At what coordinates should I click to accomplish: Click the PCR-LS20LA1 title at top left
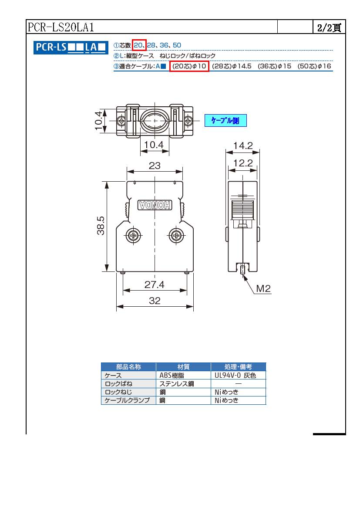pyautogui.click(x=61, y=27)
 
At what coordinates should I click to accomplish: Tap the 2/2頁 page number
pyautogui.click(x=329, y=27)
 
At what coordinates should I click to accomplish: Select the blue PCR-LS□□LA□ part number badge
pyautogui.click(x=71, y=47)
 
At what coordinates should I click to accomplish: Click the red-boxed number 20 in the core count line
pyautogui.click(x=138, y=45)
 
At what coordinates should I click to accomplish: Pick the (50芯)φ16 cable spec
pyautogui.click(x=314, y=66)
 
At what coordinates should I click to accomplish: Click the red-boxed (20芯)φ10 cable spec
pyautogui.click(x=189, y=66)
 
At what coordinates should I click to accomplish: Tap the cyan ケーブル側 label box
pyautogui.click(x=225, y=121)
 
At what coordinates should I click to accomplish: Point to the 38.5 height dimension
pyautogui.click(x=101, y=226)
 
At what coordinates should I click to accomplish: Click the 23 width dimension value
pyautogui.click(x=155, y=166)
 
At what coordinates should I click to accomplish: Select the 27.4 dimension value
pyautogui.click(x=155, y=285)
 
